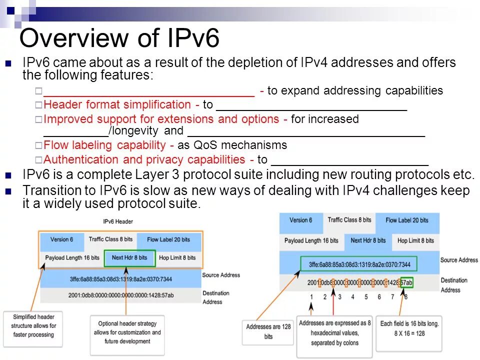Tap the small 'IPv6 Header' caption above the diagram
tap(118, 221)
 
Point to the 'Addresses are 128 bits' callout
tap(268, 331)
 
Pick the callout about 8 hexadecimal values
tap(334, 333)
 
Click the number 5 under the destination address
tap(366, 297)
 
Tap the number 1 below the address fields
tap(311, 297)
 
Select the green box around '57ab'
tap(406, 282)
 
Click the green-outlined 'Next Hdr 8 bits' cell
tap(129, 257)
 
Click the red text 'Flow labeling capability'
tap(105, 145)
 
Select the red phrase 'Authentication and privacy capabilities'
tap(144, 160)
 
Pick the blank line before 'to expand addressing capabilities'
tap(149, 92)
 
